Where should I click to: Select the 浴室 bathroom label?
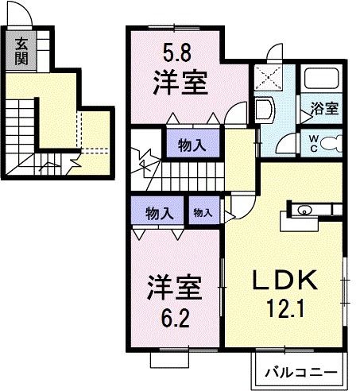324,109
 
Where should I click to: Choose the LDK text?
285,280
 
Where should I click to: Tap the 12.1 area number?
287,306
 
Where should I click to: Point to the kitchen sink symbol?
304,211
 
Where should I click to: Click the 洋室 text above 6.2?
172,287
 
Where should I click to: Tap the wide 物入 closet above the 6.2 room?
159,212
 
